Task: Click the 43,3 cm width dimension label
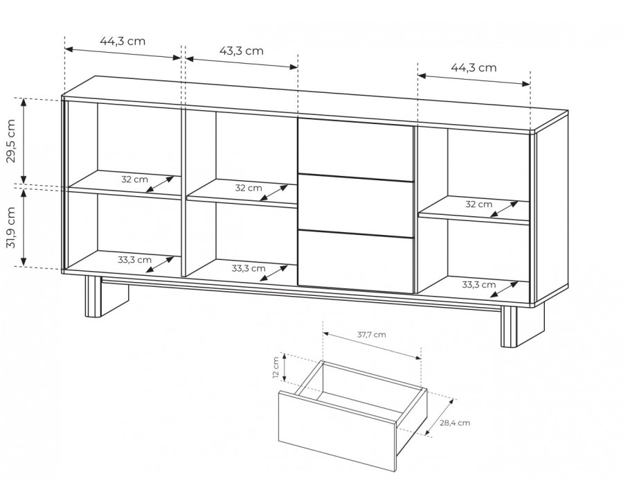pos(242,51)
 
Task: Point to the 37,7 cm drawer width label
pos(372,334)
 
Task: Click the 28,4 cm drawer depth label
pos(455,423)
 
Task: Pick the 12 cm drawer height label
pos(276,368)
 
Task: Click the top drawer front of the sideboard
pos(356,150)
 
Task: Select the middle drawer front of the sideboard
pos(356,206)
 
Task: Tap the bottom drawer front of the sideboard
pos(356,262)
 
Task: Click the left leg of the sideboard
pos(93,297)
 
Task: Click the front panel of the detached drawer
pos(337,431)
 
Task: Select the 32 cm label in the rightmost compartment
pos(479,204)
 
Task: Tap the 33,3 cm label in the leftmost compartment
pos(135,260)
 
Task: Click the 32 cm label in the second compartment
pos(249,188)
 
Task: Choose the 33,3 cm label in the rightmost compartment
pos(479,285)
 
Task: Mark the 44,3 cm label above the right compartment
pos(473,68)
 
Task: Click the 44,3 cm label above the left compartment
pos(123,41)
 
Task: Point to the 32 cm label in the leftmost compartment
pos(135,180)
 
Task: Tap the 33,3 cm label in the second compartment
pos(249,268)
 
